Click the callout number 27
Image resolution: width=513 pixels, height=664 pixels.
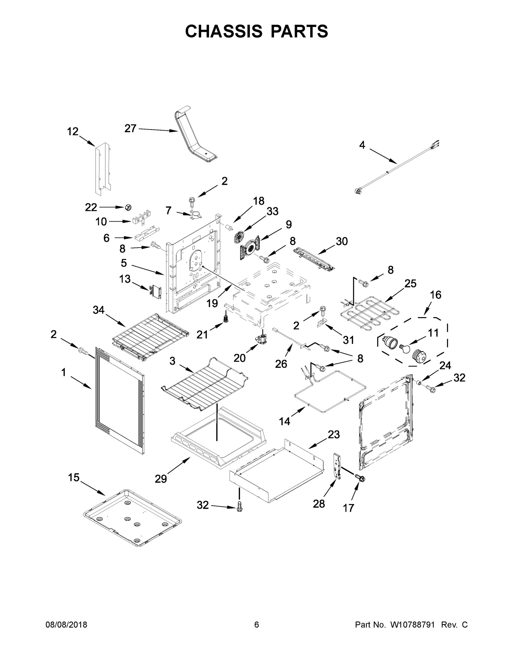point(130,129)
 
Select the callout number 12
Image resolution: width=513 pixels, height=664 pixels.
point(73,132)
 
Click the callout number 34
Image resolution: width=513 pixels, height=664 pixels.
point(98,310)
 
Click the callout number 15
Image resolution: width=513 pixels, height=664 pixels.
point(74,478)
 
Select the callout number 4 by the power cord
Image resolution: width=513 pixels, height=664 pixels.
point(362,145)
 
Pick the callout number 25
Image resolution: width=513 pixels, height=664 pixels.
point(410,283)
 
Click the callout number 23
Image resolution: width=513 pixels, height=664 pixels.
point(334,434)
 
